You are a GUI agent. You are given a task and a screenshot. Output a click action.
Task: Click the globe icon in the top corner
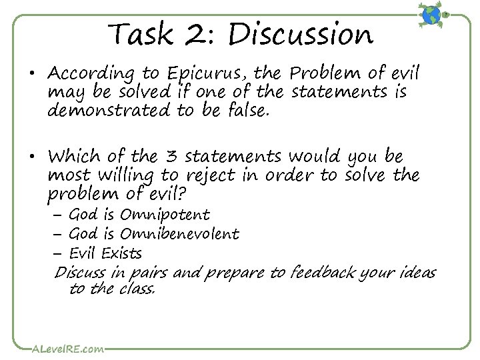pos(431,15)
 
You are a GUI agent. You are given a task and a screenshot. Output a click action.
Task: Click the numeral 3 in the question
pos(170,157)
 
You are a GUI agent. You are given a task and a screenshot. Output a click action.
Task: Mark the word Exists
pos(121,253)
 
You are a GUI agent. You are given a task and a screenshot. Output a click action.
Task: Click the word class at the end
pos(137,289)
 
